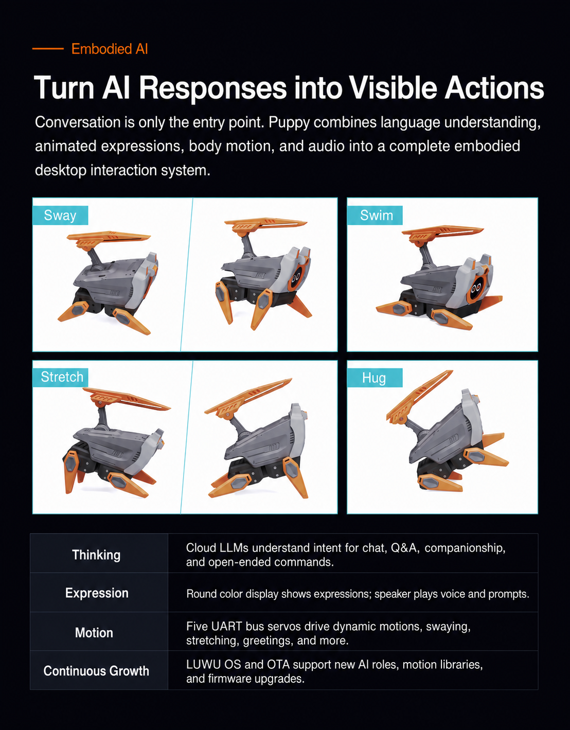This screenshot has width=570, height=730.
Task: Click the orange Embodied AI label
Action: click(x=110, y=49)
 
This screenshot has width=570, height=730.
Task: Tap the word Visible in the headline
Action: click(x=393, y=88)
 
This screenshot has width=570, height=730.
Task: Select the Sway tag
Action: click(x=60, y=216)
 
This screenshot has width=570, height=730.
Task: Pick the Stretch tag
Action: click(x=62, y=377)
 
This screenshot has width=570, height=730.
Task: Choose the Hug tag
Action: click(x=374, y=378)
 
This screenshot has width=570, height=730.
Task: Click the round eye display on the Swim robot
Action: click(x=477, y=288)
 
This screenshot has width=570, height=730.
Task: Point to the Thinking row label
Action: click(x=96, y=555)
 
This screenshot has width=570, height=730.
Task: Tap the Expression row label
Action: click(x=97, y=593)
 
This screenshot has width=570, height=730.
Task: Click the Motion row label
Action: click(x=94, y=633)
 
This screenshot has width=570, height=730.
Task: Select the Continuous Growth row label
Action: click(x=96, y=671)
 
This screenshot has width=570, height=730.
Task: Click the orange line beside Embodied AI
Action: click(x=48, y=49)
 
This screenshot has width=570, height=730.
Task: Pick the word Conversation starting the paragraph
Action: click(x=77, y=122)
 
